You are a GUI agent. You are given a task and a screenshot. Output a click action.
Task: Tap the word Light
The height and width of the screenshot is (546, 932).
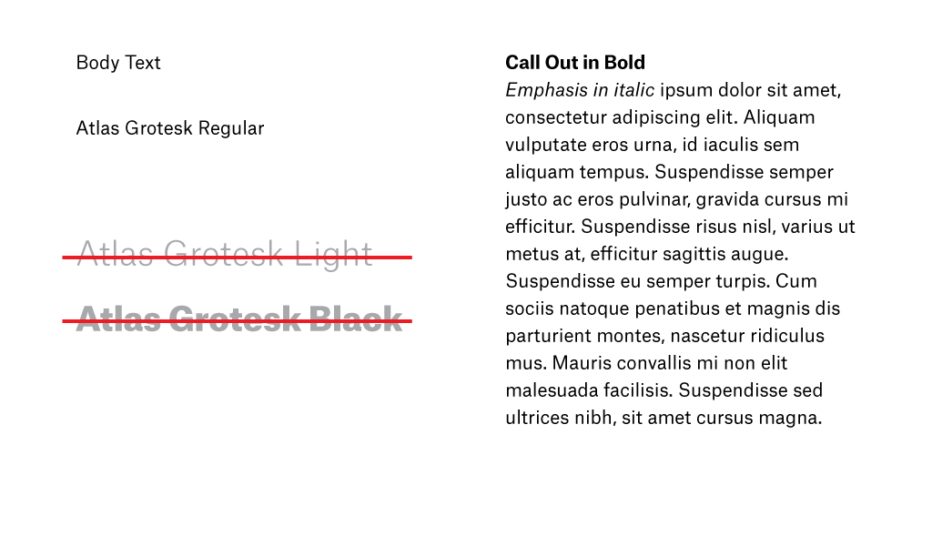333,253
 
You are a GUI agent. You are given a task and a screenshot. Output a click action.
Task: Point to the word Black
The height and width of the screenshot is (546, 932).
356,318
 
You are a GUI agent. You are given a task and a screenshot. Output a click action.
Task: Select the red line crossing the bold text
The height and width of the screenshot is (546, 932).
408,321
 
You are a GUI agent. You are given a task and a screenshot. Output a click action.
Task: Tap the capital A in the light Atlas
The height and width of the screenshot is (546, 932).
87,253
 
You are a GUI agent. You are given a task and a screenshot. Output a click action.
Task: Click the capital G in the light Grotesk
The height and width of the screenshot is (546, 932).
177,253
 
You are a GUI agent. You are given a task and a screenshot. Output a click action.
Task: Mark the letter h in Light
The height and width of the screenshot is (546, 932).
350,253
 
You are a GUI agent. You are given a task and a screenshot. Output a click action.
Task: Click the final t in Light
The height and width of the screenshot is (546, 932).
367,254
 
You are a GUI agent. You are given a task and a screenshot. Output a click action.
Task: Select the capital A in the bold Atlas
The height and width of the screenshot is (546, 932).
88,318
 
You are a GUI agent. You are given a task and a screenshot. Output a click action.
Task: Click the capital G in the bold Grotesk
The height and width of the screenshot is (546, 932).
183,318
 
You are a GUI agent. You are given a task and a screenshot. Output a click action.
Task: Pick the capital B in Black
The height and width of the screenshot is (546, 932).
321,318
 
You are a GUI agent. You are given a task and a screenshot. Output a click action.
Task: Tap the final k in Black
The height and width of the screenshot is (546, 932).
392,318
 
